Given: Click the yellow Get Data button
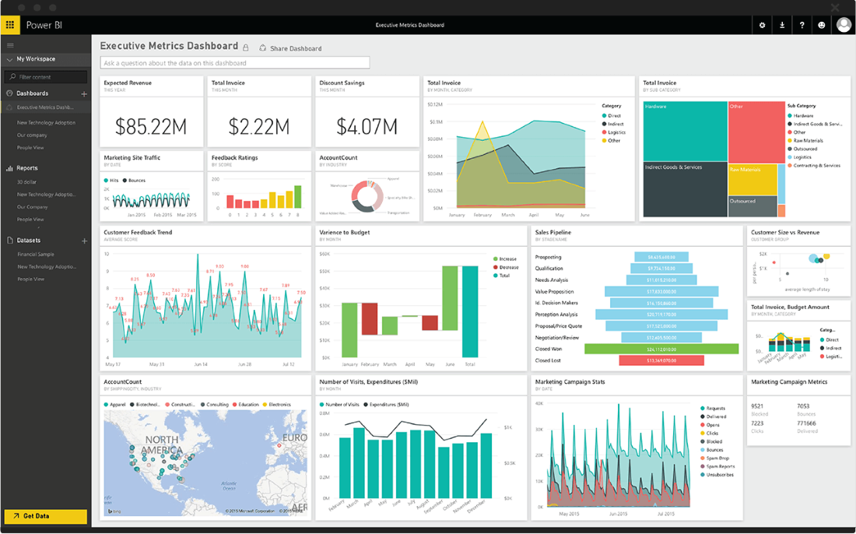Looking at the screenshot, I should tap(45, 516).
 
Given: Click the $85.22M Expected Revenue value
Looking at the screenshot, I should tap(151, 125).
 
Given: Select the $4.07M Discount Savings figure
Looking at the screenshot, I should tap(367, 125).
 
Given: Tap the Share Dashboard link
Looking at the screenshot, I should tap(295, 48).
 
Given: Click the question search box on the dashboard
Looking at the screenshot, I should tap(234, 63).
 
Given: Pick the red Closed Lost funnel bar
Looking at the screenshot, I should tap(661, 360).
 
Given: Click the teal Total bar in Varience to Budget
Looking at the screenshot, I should tap(469, 311).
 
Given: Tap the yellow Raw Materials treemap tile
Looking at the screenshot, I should tap(753, 179).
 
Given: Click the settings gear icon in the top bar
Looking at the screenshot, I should tap(762, 25).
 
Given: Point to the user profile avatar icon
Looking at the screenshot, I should tap(844, 25).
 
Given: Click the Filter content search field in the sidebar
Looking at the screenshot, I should tap(47, 77).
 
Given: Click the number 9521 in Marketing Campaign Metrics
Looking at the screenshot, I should tap(757, 406).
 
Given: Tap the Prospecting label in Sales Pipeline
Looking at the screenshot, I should tap(548, 257).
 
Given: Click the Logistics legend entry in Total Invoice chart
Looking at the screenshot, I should tap(616, 132).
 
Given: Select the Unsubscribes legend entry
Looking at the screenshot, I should tap(720, 474).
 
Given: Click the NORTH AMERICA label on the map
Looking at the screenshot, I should tap(161, 445).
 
